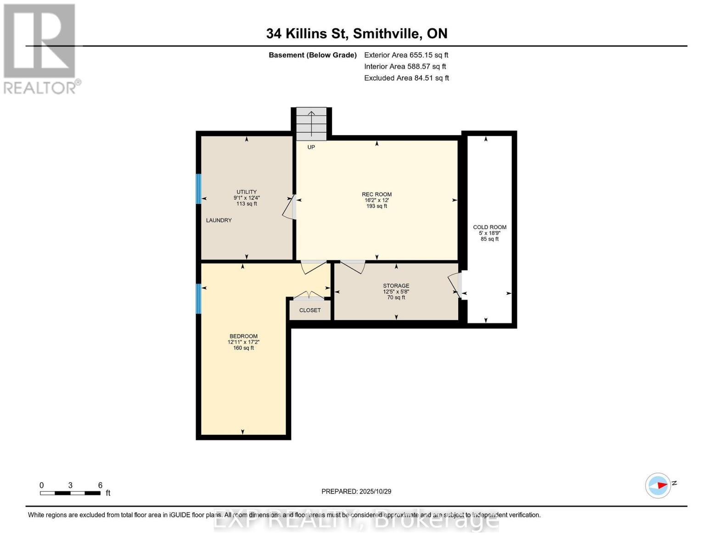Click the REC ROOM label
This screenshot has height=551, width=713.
(376, 195)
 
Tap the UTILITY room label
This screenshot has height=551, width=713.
(247, 192)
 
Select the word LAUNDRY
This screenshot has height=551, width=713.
(219, 220)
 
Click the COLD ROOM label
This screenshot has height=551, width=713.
(489, 227)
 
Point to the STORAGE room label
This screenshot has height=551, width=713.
(396, 286)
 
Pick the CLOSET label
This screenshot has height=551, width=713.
(310, 310)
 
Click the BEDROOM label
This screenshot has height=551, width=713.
(243, 337)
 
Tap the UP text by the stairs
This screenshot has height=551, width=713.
(311, 147)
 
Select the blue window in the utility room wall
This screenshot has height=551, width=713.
(199, 189)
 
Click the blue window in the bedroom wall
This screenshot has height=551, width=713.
(199, 299)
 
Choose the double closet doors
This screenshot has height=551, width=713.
(309, 295)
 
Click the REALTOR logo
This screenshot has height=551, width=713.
(40, 49)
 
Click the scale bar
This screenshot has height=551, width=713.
(70, 493)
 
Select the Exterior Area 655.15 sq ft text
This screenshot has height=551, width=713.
(406, 55)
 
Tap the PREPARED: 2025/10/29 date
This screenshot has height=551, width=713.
(356, 492)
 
